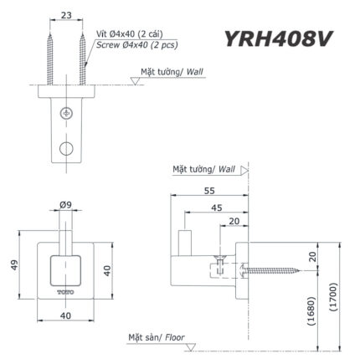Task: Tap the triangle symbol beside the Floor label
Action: coord(191,346)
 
